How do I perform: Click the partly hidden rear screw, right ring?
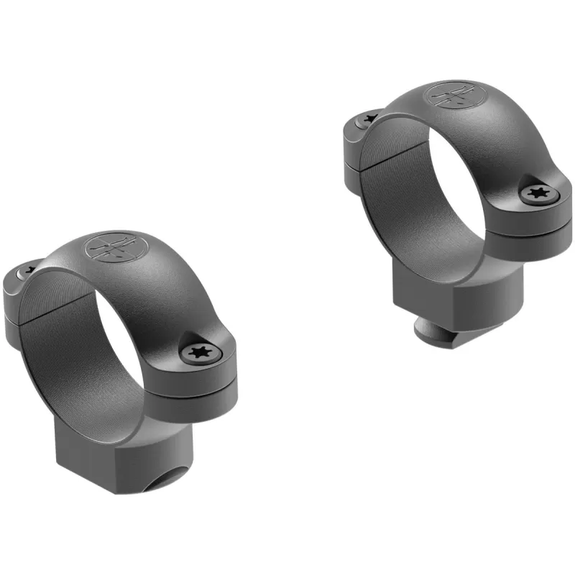(x=369, y=117)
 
